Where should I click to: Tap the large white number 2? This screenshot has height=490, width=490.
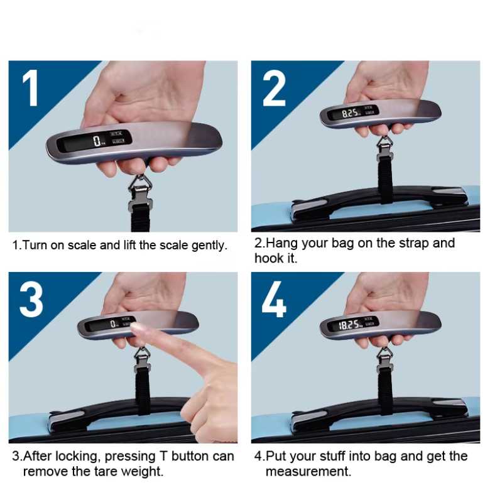coord(274,89)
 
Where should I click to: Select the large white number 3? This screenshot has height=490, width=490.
coord(31,300)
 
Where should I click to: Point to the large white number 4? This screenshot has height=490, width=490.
coord(274,299)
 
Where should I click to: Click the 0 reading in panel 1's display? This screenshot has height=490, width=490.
coord(97,141)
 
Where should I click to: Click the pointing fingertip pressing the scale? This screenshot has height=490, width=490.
coord(136,328)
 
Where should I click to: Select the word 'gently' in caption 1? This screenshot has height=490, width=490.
coord(209,246)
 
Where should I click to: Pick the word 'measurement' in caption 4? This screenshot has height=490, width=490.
coord(308,471)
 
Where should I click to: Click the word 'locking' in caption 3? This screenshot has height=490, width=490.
coord(78,457)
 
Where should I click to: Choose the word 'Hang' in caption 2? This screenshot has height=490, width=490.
coord(282,244)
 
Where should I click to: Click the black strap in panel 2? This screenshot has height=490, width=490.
coord(386,180)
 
